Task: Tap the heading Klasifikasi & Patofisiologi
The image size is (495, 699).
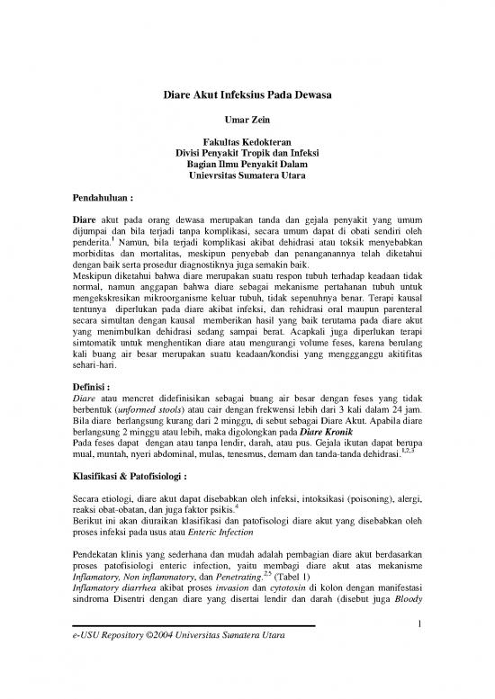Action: pos(139,470)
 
